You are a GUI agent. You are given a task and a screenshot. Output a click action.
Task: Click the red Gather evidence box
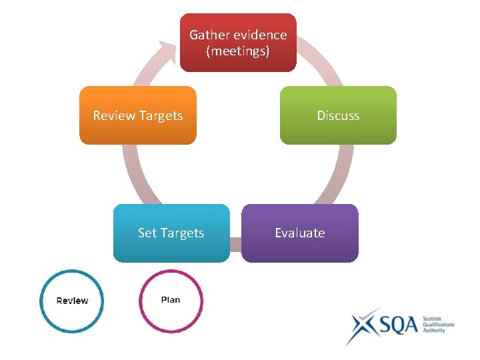pyautogui.click(x=238, y=43)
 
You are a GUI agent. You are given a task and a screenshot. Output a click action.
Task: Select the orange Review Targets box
pyautogui.click(x=138, y=115)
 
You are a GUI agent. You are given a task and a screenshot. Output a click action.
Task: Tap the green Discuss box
pyautogui.click(x=338, y=115)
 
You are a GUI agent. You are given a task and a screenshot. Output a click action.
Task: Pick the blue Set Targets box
pyautogui.click(x=171, y=233)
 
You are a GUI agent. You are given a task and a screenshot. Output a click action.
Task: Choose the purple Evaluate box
pyautogui.click(x=300, y=233)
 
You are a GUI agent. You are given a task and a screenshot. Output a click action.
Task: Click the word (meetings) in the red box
pyautogui.click(x=238, y=51)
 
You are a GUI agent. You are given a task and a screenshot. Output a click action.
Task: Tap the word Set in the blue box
pyautogui.click(x=147, y=233)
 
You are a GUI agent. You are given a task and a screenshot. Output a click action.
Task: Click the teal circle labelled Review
pyautogui.click(x=72, y=301)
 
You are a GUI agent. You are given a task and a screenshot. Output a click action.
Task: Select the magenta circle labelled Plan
pyautogui.click(x=171, y=301)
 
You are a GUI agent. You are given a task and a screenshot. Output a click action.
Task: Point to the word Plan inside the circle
pyautogui.click(x=171, y=300)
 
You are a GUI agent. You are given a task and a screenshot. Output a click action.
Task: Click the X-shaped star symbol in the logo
pyautogui.click(x=363, y=326)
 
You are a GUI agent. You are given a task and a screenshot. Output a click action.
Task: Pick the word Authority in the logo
pyautogui.click(x=435, y=331)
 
